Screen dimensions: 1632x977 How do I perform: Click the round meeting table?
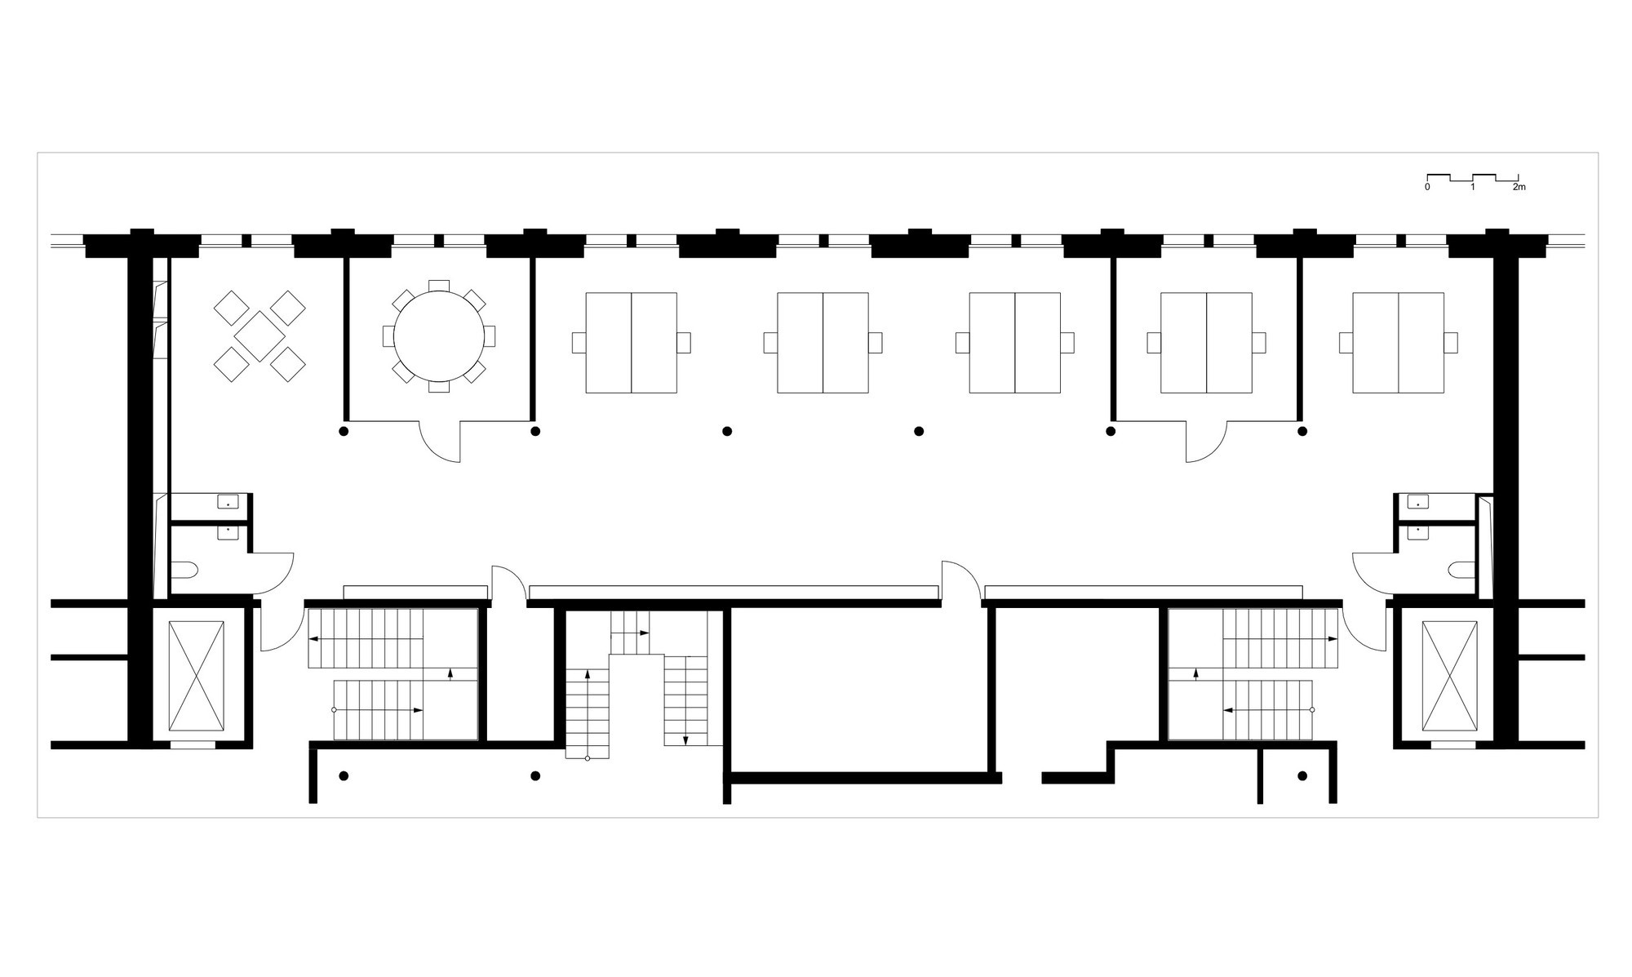(439, 336)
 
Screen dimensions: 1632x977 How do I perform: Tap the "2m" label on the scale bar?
(1519, 188)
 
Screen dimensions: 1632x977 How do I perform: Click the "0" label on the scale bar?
(1427, 188)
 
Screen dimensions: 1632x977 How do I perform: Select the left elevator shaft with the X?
(196, 676)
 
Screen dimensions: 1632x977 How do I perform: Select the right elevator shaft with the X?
(1449, 676)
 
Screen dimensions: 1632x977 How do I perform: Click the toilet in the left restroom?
(185, 569)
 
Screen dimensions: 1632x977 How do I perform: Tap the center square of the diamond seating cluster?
(259, 336)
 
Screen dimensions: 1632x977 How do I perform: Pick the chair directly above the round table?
(439, 285)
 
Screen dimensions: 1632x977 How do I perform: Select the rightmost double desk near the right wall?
(1398, 343)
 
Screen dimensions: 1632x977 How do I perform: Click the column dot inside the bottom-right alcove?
(1302, 775)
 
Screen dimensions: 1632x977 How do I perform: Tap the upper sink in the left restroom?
(228, 502)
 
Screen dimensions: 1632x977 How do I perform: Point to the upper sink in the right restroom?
(1418, 502)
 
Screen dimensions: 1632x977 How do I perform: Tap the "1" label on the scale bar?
(1473, 188)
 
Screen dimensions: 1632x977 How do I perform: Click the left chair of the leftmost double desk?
(579, 343)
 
